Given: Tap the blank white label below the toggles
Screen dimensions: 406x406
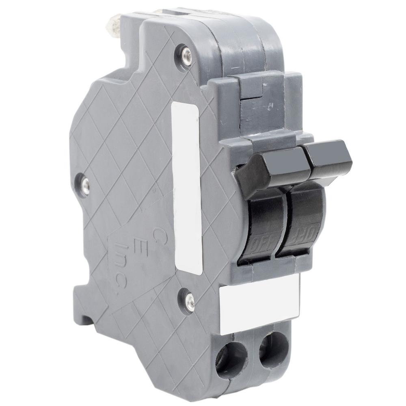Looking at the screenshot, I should pos(260,302).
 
